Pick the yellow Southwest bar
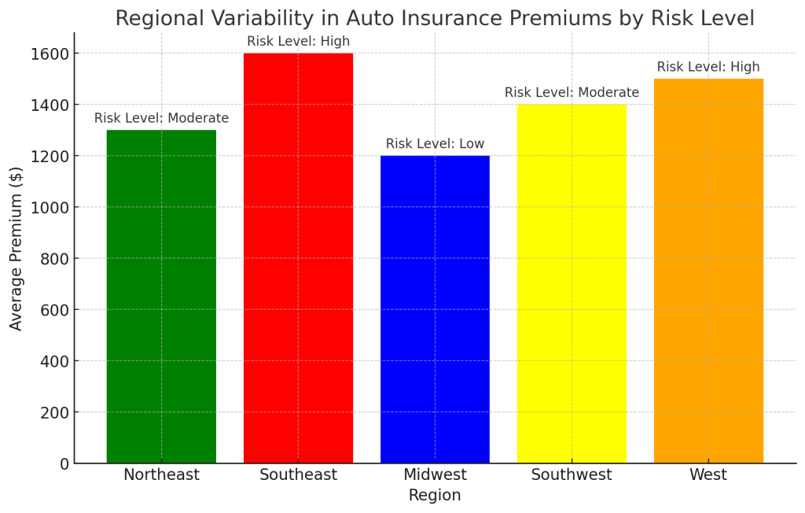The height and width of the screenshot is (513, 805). (572, 284)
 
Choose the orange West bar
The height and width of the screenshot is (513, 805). (708, 271)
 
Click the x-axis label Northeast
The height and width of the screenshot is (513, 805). (161, 475)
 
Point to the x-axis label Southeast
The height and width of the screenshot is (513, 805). (298, 475)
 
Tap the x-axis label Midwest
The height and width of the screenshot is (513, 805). (435, 475)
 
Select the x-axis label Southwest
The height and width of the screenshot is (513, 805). (572, 475)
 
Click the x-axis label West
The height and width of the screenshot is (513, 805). (708, 475)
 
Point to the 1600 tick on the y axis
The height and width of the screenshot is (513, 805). (50, 54)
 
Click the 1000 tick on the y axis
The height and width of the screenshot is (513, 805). (50, 208)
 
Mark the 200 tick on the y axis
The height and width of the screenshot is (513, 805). (54, 412)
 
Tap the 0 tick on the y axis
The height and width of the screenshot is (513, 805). (64, 464)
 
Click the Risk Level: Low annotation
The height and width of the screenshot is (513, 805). (435, 144)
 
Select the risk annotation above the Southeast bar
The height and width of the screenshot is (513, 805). (298, 42)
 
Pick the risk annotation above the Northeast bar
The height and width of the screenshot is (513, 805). (161, 119)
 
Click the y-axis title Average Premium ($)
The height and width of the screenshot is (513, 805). (17, 248)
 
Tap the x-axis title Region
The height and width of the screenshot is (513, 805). (435, 496)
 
